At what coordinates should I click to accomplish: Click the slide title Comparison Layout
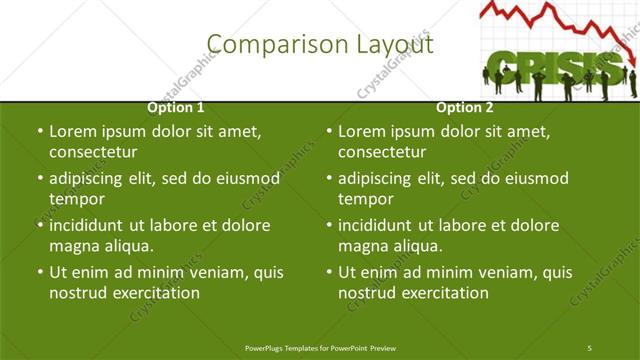pos(319,44)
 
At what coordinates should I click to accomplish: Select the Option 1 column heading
pos(176,107)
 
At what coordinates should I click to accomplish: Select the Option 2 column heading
pos(464,107)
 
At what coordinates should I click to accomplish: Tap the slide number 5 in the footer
pos(590,347)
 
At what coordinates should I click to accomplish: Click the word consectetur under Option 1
pos(92,152)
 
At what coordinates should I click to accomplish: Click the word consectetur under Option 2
pos(382,152)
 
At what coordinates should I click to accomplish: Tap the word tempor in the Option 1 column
pos(77,199)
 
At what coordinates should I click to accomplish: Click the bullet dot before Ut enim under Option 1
pos(39,272)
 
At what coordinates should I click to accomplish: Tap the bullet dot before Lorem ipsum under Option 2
pos(329,131)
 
